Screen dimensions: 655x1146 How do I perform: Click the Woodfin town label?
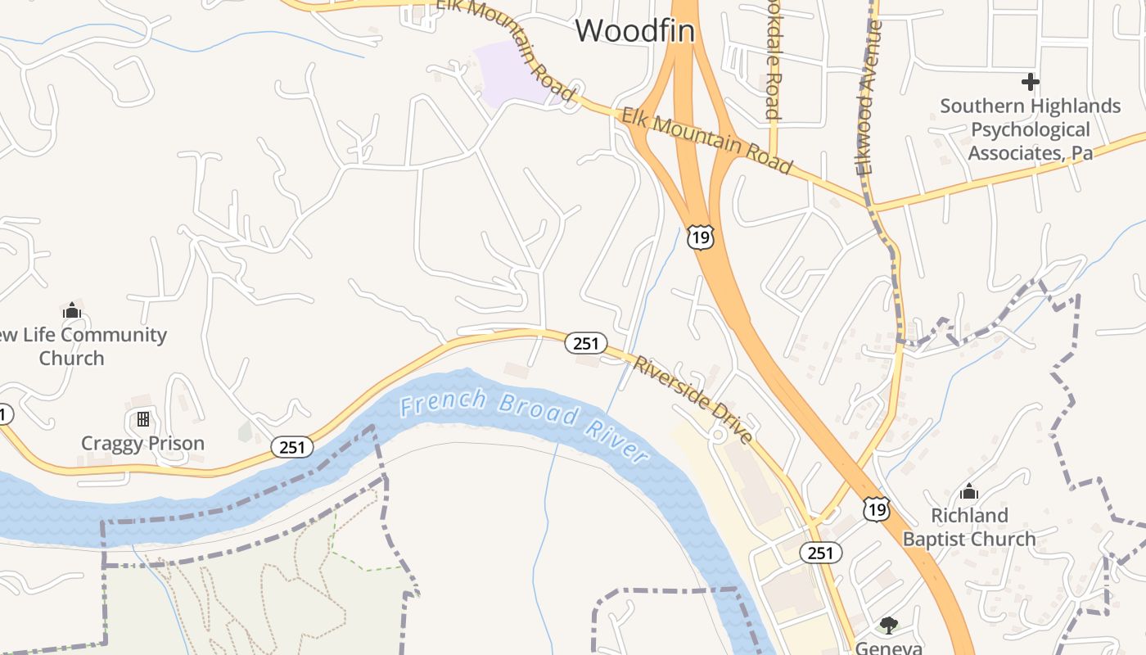(634, 31)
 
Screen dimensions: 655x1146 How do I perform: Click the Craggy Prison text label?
(142, 444)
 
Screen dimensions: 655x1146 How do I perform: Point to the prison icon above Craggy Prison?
(143, 419)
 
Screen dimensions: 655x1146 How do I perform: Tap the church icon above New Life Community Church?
(72, 310)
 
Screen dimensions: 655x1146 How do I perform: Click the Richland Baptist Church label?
(969, 527)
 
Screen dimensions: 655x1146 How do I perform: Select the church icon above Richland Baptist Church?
(969, 491)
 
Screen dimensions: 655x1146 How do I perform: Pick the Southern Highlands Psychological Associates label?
(1030, 129)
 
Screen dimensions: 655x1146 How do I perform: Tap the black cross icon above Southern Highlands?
(1031, 82)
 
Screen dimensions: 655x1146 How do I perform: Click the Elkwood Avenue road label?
(869, 98)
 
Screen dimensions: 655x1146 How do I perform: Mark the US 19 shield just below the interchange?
(701, 237)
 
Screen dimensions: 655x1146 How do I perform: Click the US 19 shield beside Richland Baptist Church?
(876, 509)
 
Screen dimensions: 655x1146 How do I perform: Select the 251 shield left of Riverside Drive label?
(586, 343)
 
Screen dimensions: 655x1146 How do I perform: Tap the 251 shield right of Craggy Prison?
(292, 447)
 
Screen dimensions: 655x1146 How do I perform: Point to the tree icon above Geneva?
(888, 626)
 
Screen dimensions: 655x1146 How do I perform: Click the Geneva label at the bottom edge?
(888, 648)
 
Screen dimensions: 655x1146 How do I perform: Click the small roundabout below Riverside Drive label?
(718, 436)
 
